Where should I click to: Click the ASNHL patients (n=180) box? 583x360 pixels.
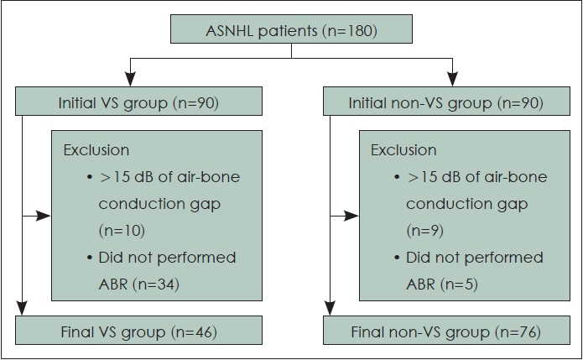click(292, 29)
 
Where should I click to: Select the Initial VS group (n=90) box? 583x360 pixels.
click(138, 102)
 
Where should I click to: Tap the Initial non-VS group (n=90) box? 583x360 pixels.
click(446, 102)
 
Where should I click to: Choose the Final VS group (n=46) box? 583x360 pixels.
click(138, 331)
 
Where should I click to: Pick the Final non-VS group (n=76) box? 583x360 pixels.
click(446, 331)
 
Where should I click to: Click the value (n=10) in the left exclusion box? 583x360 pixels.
click(122, 231)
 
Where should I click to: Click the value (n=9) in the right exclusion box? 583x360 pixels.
click(425, 231)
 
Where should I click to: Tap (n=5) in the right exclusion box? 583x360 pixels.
click(459, 284)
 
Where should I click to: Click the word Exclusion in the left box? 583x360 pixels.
click(96, 150)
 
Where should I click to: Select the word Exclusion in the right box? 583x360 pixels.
click(403, 150)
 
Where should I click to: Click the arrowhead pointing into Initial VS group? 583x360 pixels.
click(130, 79)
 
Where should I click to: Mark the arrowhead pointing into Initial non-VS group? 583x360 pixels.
click(452, 79)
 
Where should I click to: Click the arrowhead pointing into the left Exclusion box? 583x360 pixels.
click(44, 216)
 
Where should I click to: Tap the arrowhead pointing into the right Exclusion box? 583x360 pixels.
click(351, 216)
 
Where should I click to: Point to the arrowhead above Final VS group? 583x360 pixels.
click(22, 308)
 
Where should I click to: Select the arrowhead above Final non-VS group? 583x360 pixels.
click(330, 308)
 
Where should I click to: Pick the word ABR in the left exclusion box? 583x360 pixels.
click(113, 284)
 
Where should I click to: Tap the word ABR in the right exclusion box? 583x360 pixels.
click(420, 284)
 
